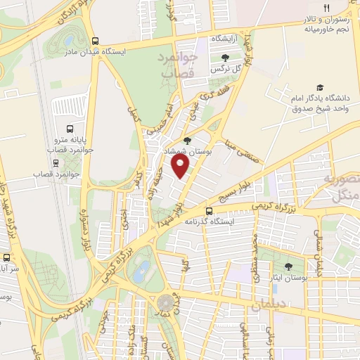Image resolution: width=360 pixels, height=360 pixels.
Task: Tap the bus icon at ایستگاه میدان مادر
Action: (96, 40)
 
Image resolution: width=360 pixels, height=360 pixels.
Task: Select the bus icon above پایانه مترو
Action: (70, 128)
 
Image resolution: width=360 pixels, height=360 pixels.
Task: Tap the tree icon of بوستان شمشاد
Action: (186, 140)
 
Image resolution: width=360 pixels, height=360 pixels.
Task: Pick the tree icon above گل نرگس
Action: (224, 58)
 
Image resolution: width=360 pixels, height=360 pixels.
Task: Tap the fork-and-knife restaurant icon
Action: (326, 8)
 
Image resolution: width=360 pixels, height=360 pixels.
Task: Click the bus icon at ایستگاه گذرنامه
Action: (209, 211)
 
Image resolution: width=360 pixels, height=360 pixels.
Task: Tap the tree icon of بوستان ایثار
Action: (288, 266)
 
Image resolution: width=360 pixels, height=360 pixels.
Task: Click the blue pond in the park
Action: (142, 271)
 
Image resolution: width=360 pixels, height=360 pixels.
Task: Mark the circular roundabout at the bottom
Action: (165, 303)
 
